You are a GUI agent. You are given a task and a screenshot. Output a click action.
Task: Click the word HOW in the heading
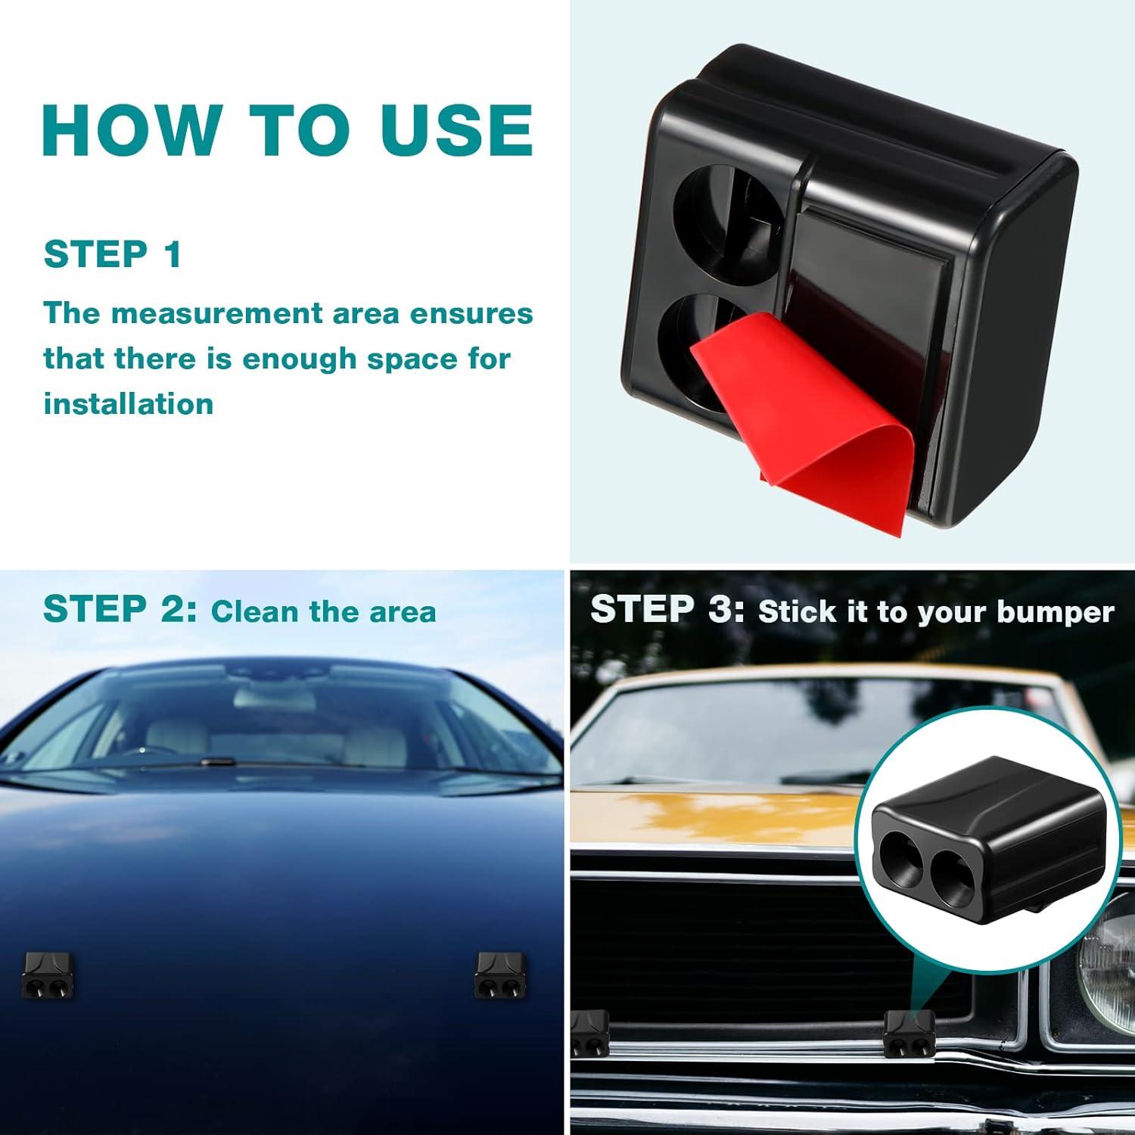pos(131,129)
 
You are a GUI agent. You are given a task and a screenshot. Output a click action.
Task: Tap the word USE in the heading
pos(457,129)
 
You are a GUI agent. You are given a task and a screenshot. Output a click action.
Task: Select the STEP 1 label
pos(113,254)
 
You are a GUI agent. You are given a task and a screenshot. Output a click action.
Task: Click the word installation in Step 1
pos(129,403)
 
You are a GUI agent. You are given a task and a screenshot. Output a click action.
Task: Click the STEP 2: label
pos(120,609)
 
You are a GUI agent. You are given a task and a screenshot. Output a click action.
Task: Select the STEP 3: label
pos(667,609)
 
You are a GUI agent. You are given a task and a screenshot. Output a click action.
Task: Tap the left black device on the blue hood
pos(47,974)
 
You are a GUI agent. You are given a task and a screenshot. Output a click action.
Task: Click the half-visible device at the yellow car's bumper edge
pos(590,1033)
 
